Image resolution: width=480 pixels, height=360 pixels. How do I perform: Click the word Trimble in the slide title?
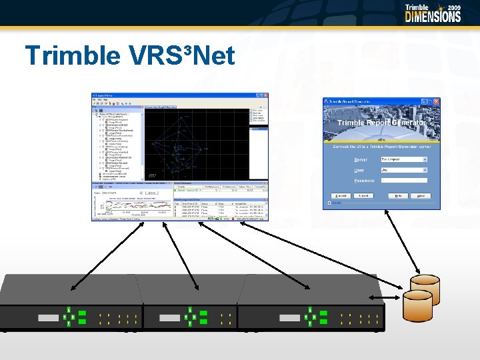point(69,56)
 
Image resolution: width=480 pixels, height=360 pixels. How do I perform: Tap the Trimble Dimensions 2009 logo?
point(433,13)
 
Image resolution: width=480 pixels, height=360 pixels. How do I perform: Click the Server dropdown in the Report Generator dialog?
point(404,159)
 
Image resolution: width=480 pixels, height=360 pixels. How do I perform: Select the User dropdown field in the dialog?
point(404,170)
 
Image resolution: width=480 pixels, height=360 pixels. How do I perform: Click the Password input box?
point(404,180)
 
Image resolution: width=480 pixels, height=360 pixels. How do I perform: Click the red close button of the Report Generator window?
point(437,101)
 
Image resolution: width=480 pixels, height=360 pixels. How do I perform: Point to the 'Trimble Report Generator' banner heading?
point(381,123)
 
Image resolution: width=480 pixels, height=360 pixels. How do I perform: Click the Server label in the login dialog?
point(361,159)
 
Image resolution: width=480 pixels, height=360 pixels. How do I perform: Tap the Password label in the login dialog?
point(364,180)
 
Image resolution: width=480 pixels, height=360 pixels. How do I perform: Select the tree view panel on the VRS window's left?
point(117,143)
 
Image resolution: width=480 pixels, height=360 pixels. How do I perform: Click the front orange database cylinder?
point(417,305)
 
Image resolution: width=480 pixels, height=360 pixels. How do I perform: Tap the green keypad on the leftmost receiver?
point(71,317)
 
